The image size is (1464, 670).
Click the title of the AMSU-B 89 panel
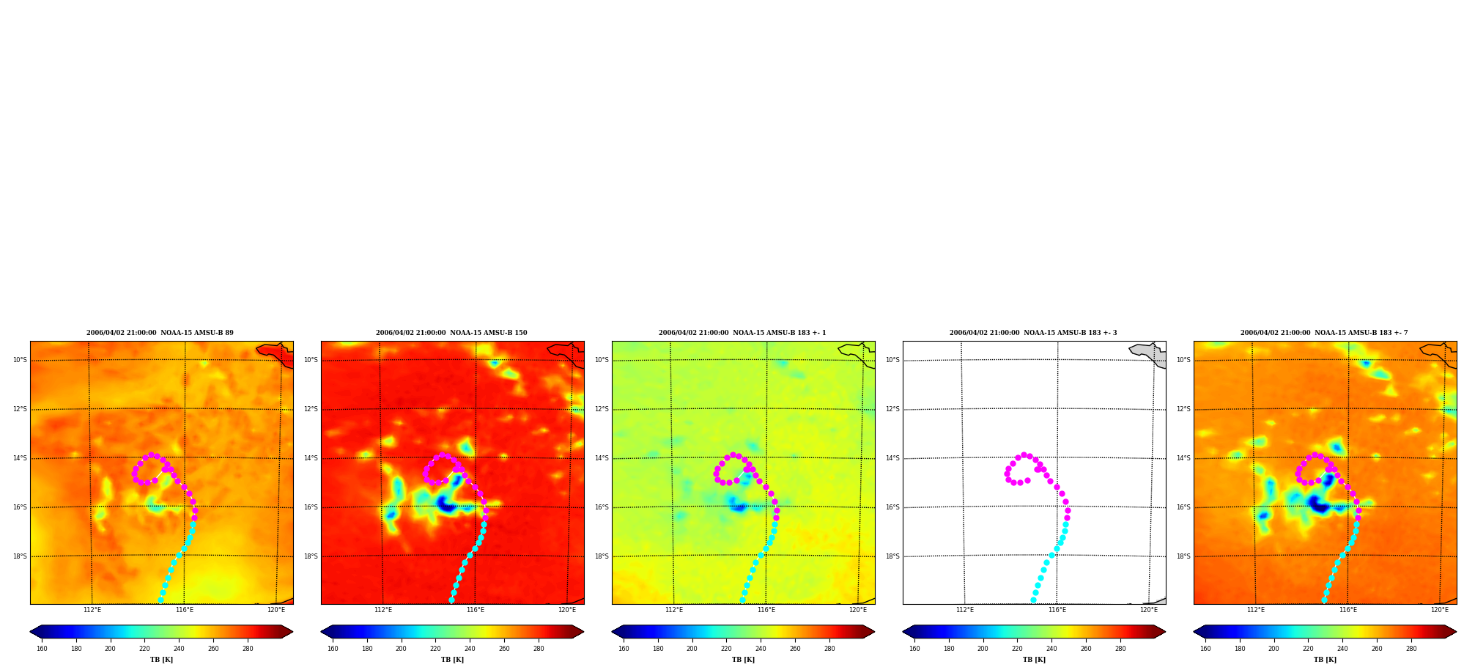pyautogui.click(x=160, y=333)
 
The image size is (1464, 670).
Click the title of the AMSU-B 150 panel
pyautogui.click(x=451, y=333)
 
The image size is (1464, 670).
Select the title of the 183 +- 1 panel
pyautogui.click(x=742, y=333)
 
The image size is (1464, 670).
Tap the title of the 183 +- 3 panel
pyautogui.click(x=1033, y=333)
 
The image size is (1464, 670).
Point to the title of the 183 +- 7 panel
pyautogui.click(x=1324, y=333)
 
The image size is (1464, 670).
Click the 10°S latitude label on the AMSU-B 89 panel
pyautogui.click(x=20, y=360)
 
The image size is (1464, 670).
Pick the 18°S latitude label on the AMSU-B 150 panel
pyautogui.click(x=311, y=556)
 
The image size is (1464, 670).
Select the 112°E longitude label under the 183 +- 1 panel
pyautogui.click(x=674, y=610)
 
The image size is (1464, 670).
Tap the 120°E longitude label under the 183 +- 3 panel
pyautogui.click(x=1149, y=610)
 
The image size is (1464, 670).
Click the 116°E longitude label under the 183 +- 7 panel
pyautogui.click(x=1348, y=610)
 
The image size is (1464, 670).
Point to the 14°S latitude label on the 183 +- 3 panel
pyautogui.click(x=892, y=458)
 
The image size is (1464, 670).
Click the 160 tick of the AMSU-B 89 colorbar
pyautogui.click(x=42, y=649)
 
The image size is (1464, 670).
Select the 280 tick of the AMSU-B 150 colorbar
pyautogui.click(x=539, y=649)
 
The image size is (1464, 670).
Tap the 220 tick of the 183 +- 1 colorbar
pyautogui.click(x=726, y=649)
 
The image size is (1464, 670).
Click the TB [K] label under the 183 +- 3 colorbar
pyautogui.click(x=1034, y=660)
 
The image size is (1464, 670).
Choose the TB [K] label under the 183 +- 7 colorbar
pyautogui.click(x=1325, y=660)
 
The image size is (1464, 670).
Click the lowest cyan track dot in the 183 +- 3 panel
pyautogui.click(x=1033, y=600)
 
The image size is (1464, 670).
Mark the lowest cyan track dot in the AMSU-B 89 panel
pyautogui.click(x=160, y=600)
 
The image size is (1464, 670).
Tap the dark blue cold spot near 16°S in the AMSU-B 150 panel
pyautogui.click(x=446, y=504)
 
